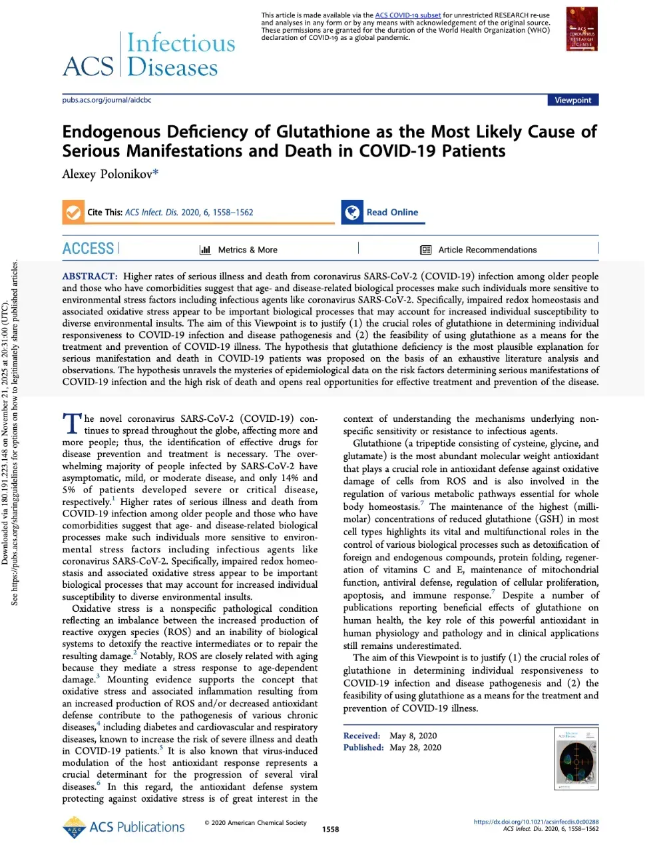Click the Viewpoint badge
[572, 100]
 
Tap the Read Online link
[392, 212]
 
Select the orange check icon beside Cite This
[72, 212]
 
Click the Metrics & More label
[248, 250]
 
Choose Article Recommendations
[487, 250]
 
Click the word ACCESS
[89, 249]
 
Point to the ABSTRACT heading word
[89, 277]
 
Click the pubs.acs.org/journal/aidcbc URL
[107, 100]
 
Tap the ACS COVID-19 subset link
[407, 15]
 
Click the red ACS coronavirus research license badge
[581, 29]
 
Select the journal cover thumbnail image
[576, 758]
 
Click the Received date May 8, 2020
[413, 736]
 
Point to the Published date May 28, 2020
[415, 748]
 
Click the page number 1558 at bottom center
[330, 830]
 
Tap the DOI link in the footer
[536, 822]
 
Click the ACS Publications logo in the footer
[124, 827]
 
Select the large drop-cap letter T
[71, 424]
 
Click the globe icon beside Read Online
[351, 212]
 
